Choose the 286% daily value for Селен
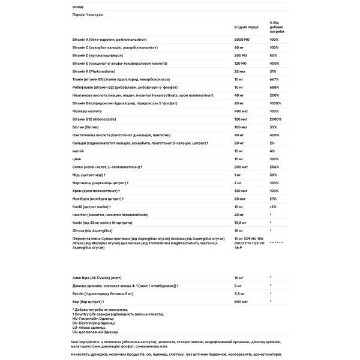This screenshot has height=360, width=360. click(274, 167)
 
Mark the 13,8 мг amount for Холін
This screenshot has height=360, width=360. click(241, 222)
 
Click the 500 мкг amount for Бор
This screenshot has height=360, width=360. click(241, 302)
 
